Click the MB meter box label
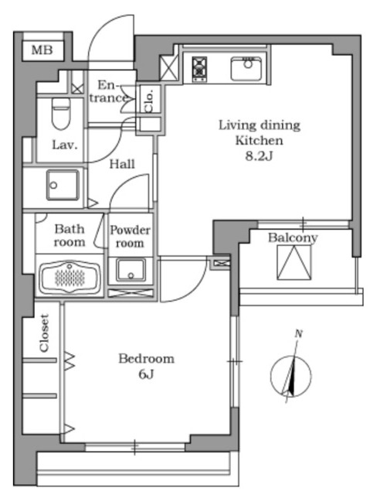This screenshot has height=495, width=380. pos(42,49)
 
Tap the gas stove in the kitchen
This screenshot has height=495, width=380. pos(199,69)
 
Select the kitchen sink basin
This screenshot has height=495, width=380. pos(246,69)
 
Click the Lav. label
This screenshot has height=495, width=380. pos(65,145)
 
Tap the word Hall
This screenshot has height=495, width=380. pos(122,164)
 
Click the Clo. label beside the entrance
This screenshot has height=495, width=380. pos(149,101)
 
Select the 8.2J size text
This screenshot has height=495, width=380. pos(259,156)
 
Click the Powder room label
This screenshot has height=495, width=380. pos(130,236)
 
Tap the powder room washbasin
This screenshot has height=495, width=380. pos(131,270)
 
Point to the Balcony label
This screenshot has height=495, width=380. pos(293,237)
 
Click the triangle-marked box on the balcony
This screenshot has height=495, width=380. pos(294,263)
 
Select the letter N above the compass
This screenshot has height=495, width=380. pos(299,333)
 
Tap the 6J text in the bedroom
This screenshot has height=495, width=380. pos(146,374)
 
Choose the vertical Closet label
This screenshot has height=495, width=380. pos(44,333)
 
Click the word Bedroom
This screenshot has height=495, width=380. pos(146,359)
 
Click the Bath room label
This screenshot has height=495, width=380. pos(70,235)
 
